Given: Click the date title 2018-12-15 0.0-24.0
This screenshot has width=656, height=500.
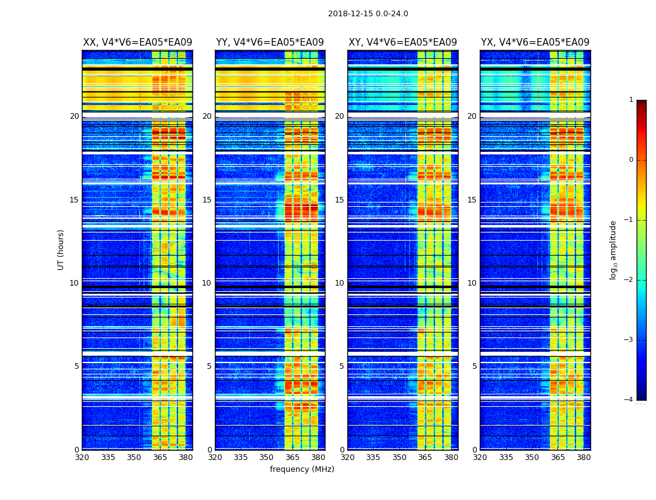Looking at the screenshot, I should [368, 14].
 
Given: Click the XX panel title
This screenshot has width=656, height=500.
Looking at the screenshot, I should [137, 42].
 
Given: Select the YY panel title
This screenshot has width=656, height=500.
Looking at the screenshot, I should [270, 42].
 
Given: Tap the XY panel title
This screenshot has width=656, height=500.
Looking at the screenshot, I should [402, 42].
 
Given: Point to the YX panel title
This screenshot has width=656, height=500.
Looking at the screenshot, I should [535, 42].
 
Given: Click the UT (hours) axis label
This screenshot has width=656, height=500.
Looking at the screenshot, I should [61, 249].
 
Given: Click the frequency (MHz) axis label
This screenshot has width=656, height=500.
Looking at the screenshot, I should [302, 469].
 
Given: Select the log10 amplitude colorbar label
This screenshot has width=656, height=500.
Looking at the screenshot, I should [614, 249].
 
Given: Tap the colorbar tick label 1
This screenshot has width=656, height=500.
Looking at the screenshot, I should [631, 100].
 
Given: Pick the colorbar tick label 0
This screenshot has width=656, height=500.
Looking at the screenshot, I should [631, 160].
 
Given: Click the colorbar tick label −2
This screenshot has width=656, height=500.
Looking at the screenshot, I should [629, 280].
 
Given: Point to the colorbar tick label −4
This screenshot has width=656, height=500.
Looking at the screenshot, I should [629, 400].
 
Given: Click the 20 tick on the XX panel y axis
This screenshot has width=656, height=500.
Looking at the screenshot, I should [74, 116].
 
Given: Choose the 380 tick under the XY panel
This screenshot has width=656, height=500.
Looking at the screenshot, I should [451, 457].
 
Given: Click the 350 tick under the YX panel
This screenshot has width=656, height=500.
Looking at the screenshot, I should [532, 457].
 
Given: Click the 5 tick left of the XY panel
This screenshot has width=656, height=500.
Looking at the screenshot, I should [342, 366].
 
